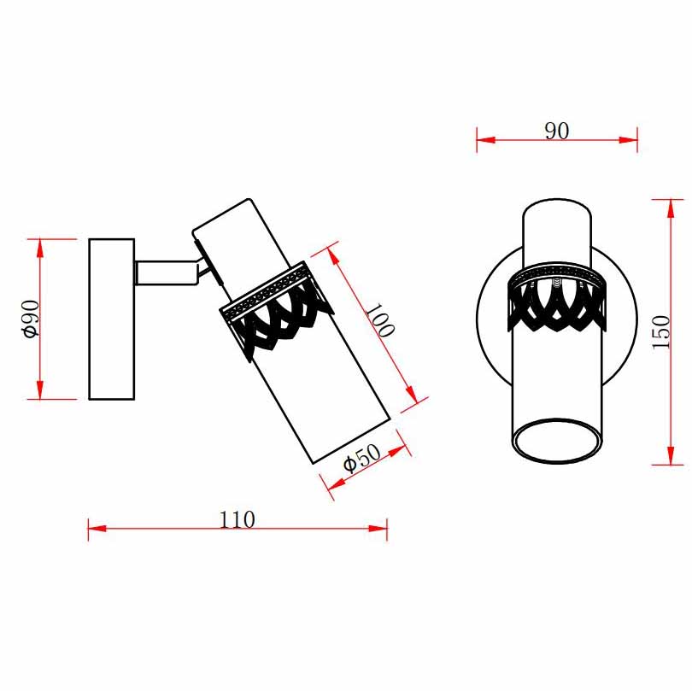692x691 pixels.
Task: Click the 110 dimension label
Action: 238,519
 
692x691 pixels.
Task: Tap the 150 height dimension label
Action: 660,331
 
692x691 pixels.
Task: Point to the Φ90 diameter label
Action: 32,319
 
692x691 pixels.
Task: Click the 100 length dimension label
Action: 379,320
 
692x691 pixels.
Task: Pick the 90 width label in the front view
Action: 556,131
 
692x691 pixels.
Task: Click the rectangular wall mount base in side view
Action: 112,319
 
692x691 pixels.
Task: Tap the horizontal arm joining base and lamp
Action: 167,273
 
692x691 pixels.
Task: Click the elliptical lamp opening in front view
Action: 556,441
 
